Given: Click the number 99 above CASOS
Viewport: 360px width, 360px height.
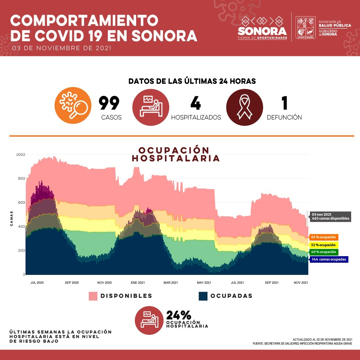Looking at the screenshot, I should [109, 103].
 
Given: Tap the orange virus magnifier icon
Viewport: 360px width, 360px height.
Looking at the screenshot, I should [73, 105].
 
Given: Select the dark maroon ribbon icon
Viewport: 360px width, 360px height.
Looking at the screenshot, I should [244, 107].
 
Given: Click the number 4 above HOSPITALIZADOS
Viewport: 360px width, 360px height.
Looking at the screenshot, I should [196, 103].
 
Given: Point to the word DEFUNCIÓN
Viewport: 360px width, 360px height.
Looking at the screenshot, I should [284, 117].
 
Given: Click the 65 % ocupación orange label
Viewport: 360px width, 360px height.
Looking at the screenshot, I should [323, 237].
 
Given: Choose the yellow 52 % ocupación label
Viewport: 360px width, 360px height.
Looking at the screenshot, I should [323, 245].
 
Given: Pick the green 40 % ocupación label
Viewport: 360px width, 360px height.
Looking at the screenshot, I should [323, 252].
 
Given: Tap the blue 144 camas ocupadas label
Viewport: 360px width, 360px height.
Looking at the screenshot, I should [328, 259].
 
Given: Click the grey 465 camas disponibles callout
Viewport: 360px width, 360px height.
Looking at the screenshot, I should [330, 217].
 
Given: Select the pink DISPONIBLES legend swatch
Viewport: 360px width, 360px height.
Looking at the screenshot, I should [93, 296].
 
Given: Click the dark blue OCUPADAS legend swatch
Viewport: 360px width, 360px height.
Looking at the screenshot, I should [203, 296].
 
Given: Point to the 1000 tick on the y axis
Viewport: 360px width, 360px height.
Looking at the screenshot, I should [21, 154].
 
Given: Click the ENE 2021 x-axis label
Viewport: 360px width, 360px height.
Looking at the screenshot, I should [138, 282].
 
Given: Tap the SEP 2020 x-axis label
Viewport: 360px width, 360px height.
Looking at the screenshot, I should [72, 282].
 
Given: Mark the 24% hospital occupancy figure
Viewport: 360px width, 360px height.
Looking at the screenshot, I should [179, 315].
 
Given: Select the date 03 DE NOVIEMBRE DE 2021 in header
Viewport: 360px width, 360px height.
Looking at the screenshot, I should [62, 48].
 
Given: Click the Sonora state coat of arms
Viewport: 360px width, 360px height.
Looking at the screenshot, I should [306, 28].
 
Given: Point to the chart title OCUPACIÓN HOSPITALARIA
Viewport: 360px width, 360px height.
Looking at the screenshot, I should [175, 154].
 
